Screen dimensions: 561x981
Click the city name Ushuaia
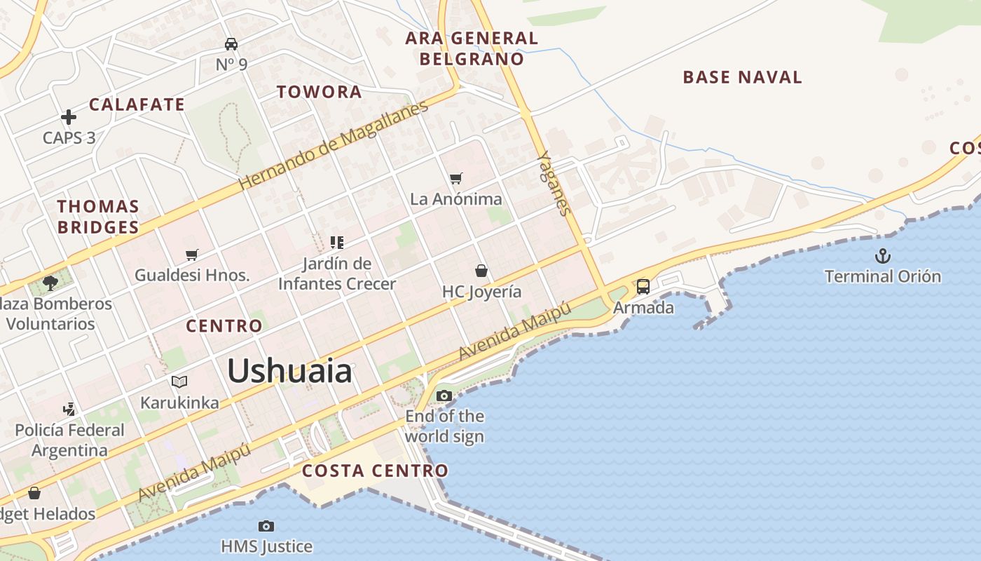point(289,370)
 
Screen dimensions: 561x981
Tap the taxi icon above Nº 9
point(231,44)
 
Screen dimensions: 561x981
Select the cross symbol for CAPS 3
point(68,117)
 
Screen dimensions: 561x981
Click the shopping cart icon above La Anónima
point(456,179)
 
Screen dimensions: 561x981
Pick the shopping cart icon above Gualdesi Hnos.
point(192,255)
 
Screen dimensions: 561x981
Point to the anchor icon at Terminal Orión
point(883,256)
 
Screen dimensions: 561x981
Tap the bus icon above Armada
point(643,287)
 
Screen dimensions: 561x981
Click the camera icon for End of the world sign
point(444,396)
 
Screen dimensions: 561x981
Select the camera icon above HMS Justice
point(266,526)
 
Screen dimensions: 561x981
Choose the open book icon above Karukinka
point(179,382)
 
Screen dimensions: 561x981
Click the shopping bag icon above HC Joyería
point(481,271)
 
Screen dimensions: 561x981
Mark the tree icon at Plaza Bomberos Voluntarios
point(50,283)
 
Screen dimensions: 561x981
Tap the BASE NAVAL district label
point(742,77)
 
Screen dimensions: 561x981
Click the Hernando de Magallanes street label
point(334,146)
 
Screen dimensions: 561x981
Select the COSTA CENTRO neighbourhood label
point(375,471)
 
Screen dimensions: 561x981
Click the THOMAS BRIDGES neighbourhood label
point(98,217)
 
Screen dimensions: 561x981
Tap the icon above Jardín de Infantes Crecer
point(337,243)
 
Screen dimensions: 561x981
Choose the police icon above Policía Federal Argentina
point(69,409)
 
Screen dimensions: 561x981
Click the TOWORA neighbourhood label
point(319,92)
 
